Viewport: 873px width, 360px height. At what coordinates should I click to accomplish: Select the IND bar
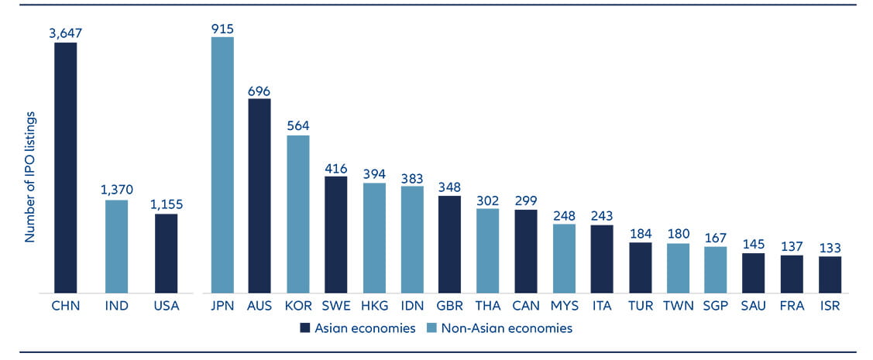116,247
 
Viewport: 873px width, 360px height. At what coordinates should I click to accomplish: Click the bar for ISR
830,275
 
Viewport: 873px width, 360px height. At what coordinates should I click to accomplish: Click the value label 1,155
166,204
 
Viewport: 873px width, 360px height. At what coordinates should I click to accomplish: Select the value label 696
259,90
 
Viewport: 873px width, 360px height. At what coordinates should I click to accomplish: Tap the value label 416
335,167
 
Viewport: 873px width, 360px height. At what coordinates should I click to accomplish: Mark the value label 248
564,215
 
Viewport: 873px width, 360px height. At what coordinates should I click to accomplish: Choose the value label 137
792,246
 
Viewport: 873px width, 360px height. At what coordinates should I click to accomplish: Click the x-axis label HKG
374,306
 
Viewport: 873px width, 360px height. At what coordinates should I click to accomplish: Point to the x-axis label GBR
450,306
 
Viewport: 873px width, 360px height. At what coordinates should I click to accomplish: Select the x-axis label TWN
678,306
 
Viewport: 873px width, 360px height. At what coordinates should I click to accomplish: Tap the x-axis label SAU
754,306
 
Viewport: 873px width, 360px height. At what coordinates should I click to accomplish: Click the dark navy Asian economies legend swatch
305,328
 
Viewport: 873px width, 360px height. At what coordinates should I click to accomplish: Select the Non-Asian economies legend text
507,328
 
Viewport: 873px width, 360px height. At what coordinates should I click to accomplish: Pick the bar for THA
488,251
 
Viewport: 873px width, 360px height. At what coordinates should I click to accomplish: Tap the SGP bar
716,270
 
